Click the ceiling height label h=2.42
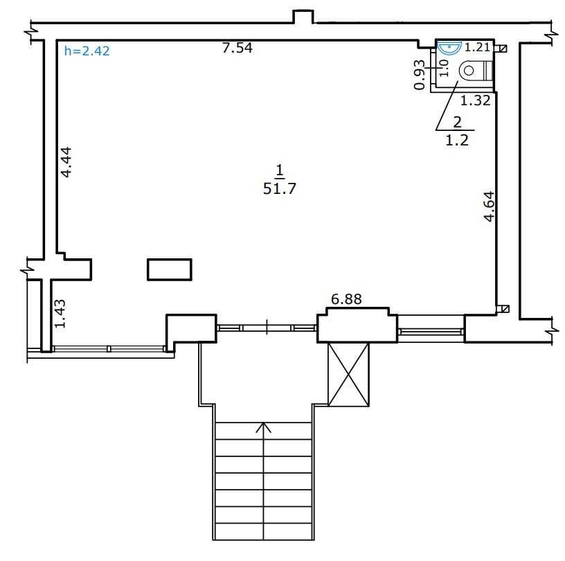[87, 51]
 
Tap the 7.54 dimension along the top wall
[237, 48]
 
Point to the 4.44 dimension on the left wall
[66, 162]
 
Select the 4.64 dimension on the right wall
[489, 206]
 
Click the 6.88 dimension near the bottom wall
[346, 299]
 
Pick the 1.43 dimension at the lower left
[60, 314]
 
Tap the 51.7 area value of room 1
[280, 188]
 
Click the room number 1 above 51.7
[280, 170]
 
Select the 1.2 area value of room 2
[457, 140]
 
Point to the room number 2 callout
[457, 122]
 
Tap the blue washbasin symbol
[449, 47]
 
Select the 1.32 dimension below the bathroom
[475, 100]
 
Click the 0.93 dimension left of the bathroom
[420, 75]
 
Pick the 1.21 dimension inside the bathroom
[477, 47]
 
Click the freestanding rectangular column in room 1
[170, 269]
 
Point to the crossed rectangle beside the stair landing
[348, 375]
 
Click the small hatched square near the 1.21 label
[503, 48]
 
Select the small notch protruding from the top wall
[303, 17]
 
